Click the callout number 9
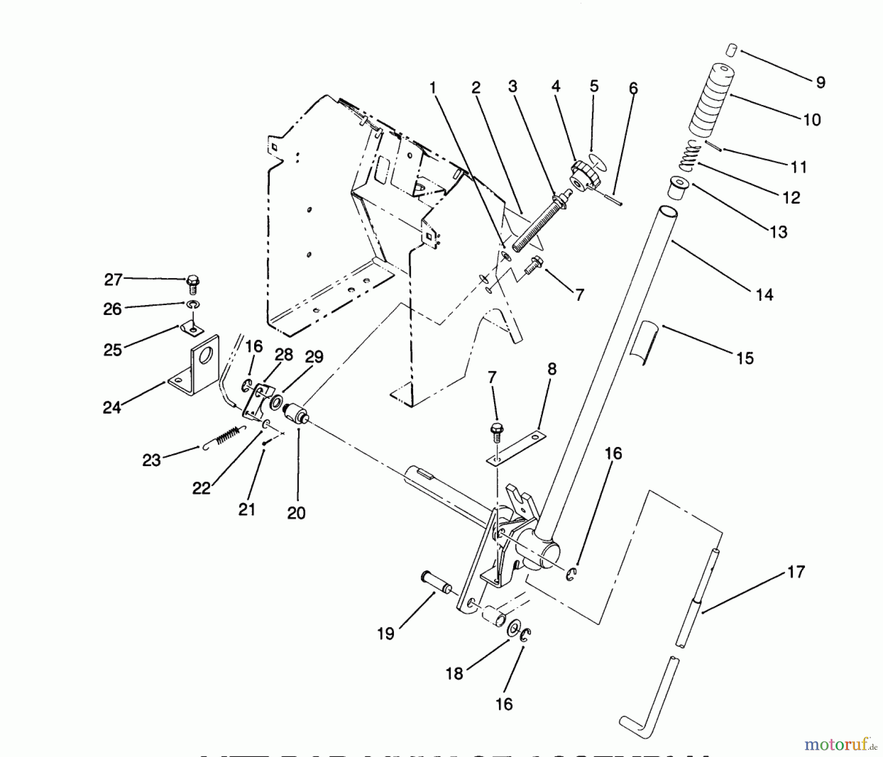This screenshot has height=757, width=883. click(x=821, y=82)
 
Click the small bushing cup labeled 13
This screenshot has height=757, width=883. click(x=678, y=188)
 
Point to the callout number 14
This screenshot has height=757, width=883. click(x=764, y=295)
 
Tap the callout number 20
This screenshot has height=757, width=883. click(x=296, y=513)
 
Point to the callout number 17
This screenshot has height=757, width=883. click(x=796, y=572)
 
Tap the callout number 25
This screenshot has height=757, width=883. click(x=112, y=350)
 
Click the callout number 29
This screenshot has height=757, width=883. click(x=314, y=357)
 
